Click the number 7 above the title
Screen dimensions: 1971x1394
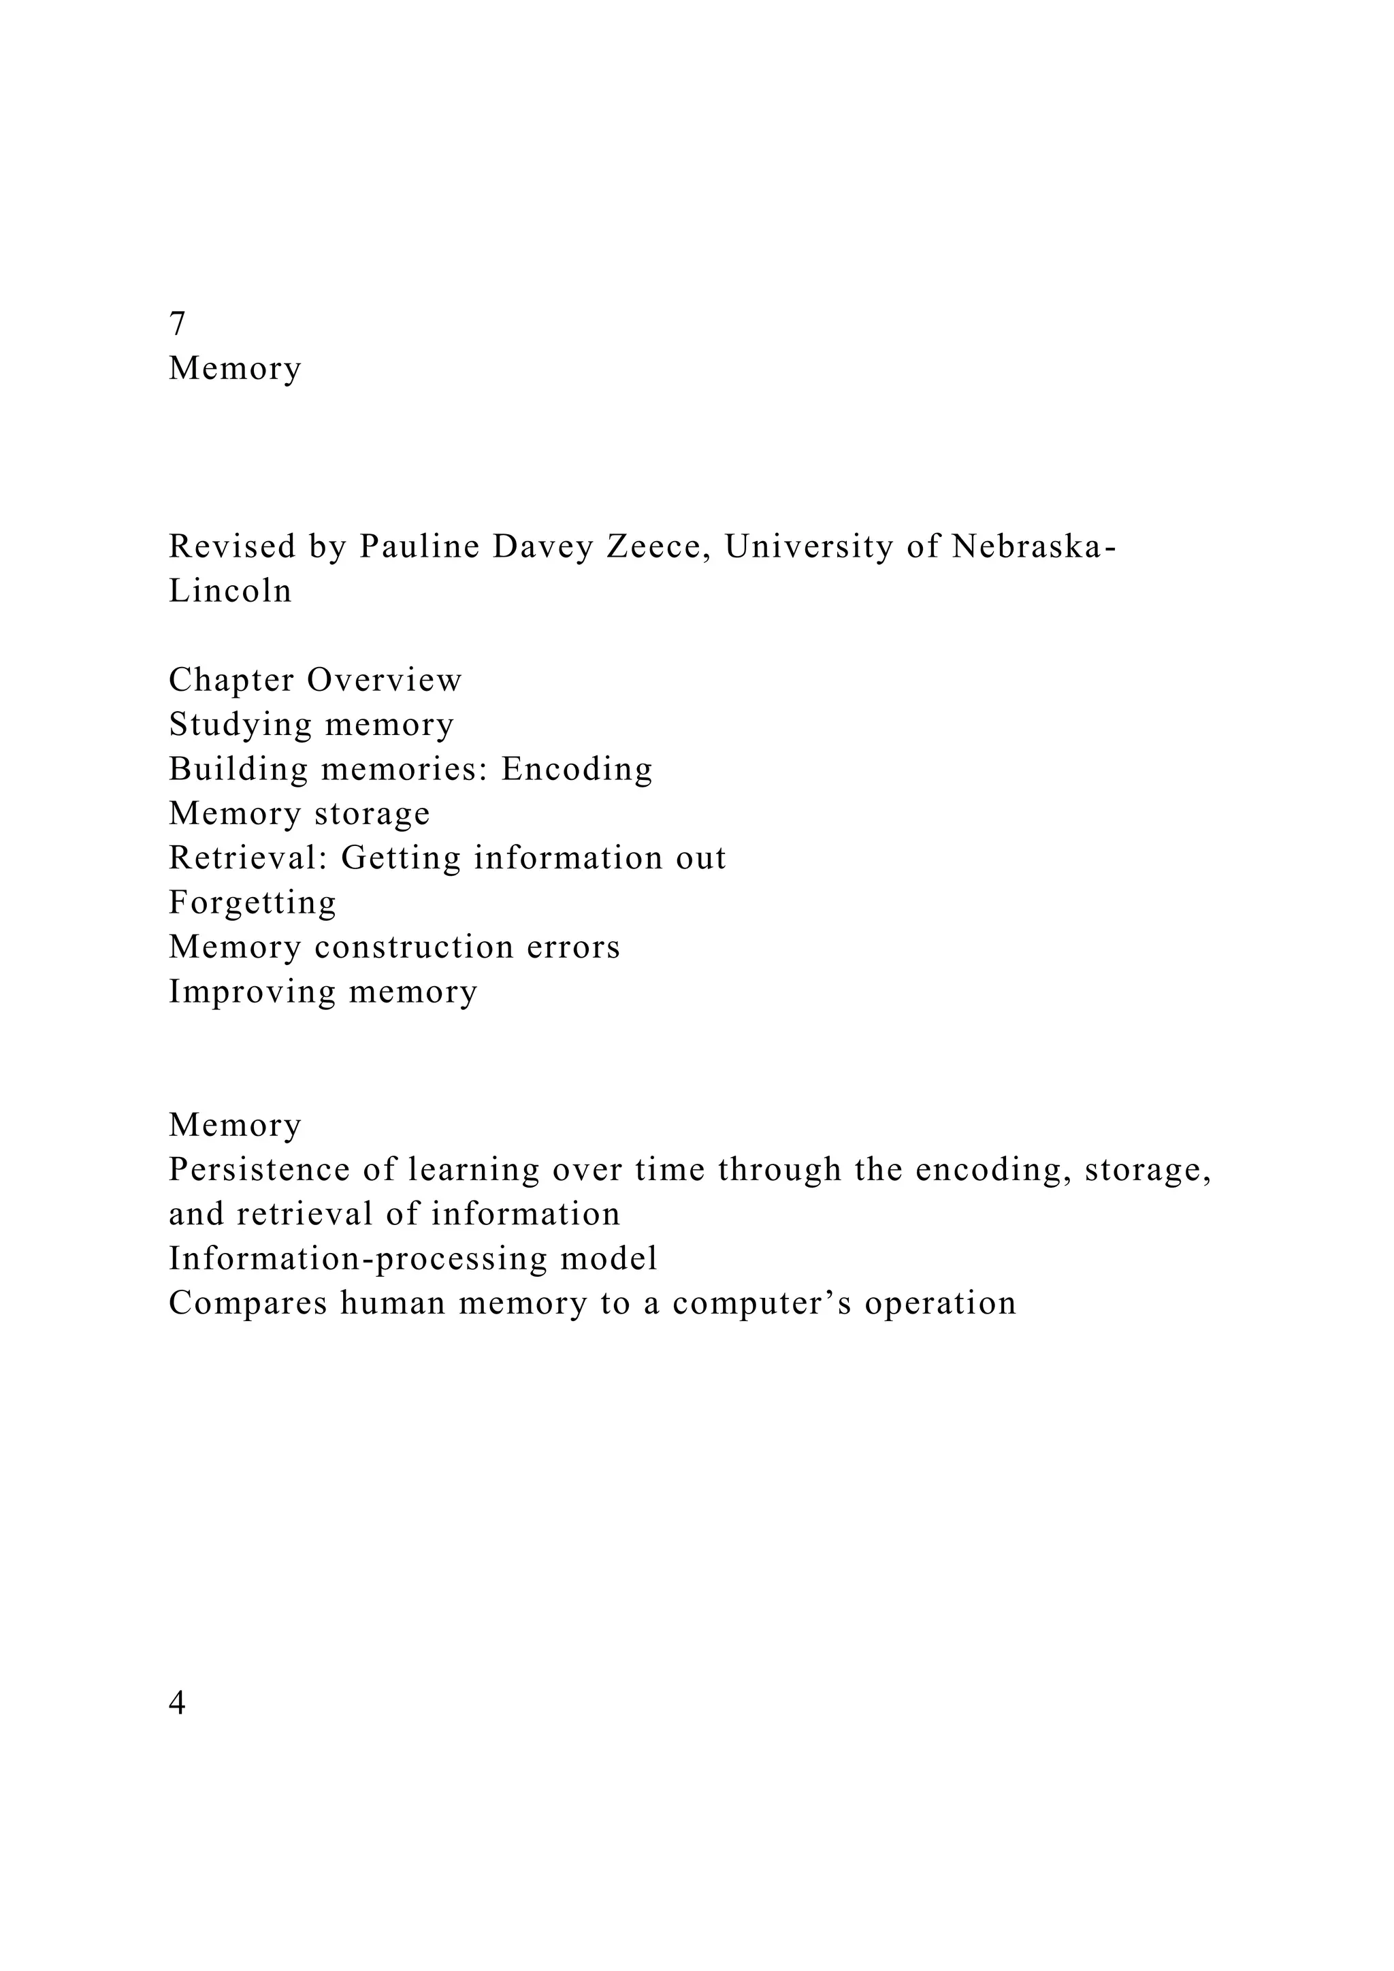tap(177, 324)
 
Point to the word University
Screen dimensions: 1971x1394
tap(809, 546)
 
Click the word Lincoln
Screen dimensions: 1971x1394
tap(230, 591)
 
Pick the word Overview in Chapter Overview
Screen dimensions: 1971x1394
tap(385, 680)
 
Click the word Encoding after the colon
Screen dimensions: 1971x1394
tap(577, 768)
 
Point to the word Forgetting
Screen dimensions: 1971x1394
tap(253, 903)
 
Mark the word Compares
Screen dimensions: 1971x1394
tap(248, 1303)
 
